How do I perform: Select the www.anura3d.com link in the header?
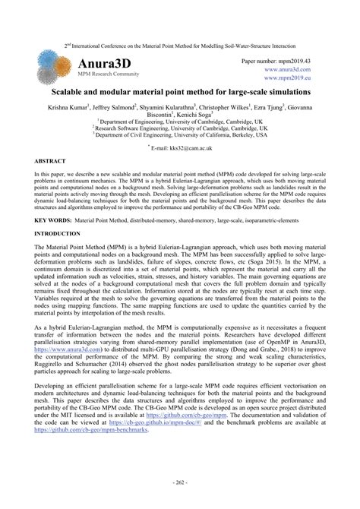click(289, 68)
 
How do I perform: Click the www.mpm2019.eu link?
click(289, 77)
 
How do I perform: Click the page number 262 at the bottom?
click(179, 482)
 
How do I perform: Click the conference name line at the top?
click(180, 46)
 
